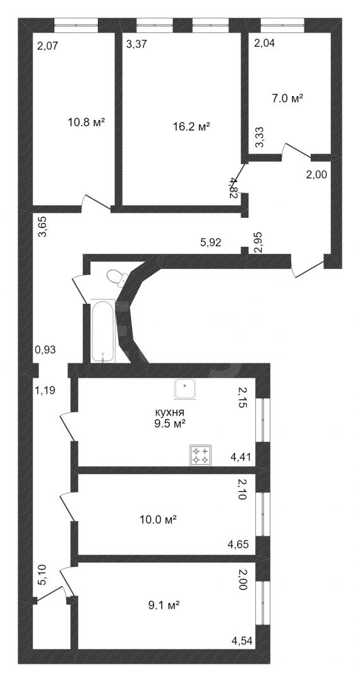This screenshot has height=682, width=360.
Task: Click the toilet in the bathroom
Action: point(118,277)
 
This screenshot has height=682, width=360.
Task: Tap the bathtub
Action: point(103,330)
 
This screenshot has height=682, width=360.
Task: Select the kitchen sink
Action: point(186,388)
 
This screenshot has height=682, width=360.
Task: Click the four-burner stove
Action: point(201,455)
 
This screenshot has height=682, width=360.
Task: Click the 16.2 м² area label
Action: point(191,127)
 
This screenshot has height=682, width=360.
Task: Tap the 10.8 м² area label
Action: point(87,123)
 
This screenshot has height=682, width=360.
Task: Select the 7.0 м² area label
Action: point(287,99)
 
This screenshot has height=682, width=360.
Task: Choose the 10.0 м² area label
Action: point(157,519)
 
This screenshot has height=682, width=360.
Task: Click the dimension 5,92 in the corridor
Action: point(211,242)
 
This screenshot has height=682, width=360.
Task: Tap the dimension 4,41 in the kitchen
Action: point(243,457)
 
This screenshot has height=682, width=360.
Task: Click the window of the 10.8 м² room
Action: point(76,25)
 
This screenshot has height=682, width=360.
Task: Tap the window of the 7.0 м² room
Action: point(282,25)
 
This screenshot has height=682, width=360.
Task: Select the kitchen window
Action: point(263,420)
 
